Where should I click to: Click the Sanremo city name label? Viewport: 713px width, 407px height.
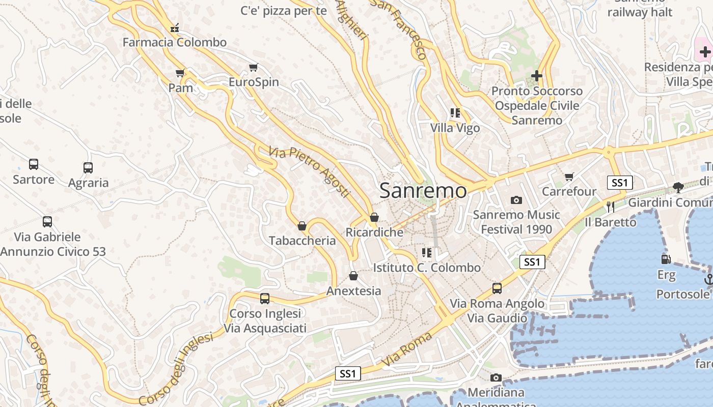(x=423, y=191)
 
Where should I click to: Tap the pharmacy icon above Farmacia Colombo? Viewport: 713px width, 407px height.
(x=175, y=28)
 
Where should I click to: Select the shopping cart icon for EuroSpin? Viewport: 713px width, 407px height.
(x=254, y=68)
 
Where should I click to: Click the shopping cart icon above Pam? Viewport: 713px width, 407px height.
(x=180, y=73)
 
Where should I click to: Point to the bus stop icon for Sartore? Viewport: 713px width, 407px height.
(x=34, y=164)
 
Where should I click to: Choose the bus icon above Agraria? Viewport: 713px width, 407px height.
(x=88, y=167)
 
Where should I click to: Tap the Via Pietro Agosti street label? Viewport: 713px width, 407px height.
(x=310, y=172)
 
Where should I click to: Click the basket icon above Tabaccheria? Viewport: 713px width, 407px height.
(x=302, y=226)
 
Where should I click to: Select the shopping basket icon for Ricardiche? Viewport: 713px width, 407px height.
(x=374, y=218)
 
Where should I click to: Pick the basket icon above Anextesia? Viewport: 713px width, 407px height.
(x=353, y=276)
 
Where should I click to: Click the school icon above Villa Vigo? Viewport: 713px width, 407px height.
(x=455, y=113)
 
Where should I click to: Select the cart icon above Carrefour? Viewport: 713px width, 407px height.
(x=569, y=177)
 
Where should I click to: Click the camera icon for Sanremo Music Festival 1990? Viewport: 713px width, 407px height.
(x=516, y=200)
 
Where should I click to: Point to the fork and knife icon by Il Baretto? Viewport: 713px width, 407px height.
(x=611, y=207)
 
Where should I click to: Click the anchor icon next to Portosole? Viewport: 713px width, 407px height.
(x=708, y=279)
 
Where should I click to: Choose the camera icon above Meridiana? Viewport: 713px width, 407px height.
(x=496, y=378)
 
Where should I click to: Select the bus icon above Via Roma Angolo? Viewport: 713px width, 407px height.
(x=497, y=288)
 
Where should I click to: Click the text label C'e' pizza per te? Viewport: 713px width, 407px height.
(x=283, y=11)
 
